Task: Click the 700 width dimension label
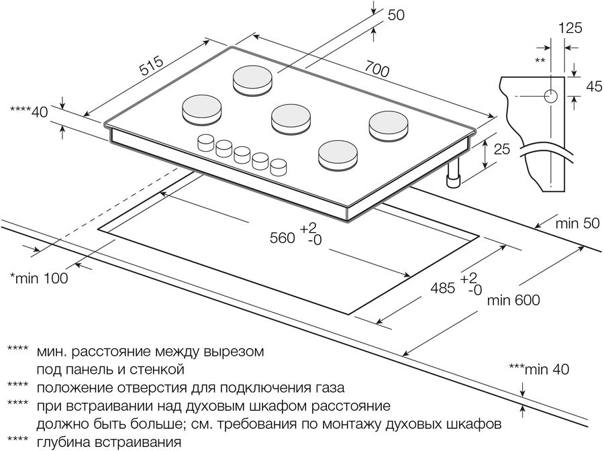376,68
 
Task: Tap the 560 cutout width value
283,237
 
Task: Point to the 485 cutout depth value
443,288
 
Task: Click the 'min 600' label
514,300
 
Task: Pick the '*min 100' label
39,278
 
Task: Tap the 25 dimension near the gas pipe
502,149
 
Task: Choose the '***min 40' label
538,368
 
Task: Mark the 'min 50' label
577,223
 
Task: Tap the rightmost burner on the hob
387,124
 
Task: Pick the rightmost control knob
278,165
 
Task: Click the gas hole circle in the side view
552,95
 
